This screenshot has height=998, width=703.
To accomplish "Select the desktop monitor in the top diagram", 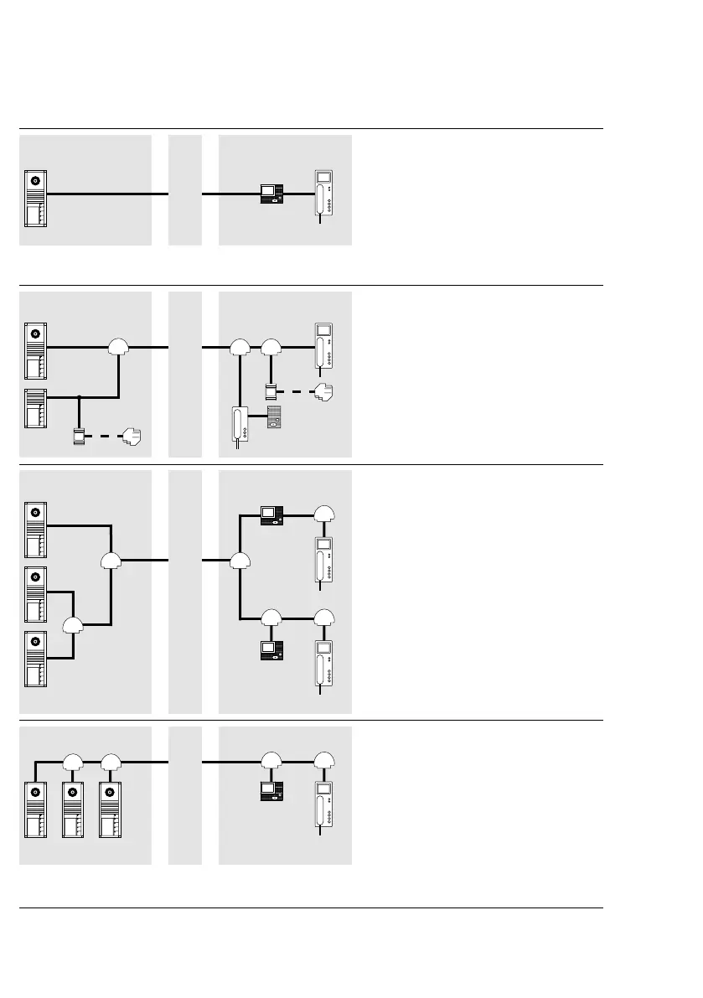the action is (x=272, y=194).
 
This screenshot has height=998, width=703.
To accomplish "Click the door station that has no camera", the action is (x=37, y=410).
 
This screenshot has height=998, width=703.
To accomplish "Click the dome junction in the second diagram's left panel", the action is (x=119, y=346).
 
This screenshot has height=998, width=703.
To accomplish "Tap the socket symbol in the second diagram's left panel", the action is (x=132, y=436).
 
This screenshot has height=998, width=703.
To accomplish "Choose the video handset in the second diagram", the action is (x=324, y=346).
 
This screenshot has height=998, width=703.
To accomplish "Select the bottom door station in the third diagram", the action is (x=37, y=659).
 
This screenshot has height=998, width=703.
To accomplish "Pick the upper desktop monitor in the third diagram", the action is (x=272, y=515).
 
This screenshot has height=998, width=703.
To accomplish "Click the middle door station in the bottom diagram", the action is (x=73, y=811).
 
